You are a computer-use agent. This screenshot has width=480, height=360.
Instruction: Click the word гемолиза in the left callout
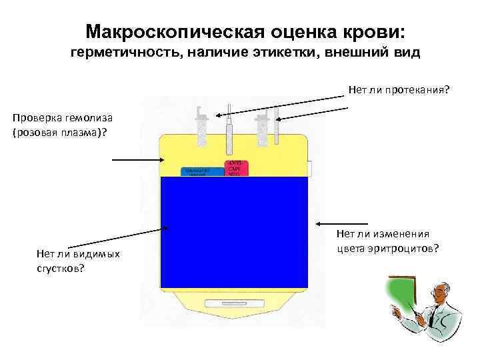tap(84, 118)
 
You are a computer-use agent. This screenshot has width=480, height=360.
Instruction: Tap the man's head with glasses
tap(440, 293)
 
